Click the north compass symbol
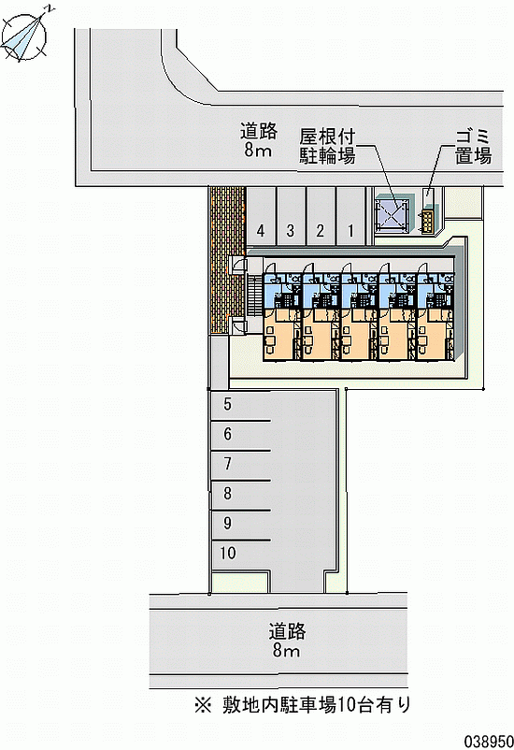tap(25, 36)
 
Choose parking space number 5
tap(240, 405)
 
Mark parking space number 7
tap(240, 465)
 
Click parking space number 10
tap(240, 554)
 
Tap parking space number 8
tap(240, 495)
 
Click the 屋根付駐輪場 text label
tap(327, 147)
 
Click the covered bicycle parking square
tap(393, 214)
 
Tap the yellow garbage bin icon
tap(428, 222)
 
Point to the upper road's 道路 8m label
tap(258, 139)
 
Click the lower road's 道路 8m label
tap(287, 640)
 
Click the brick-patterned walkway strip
tap(227, 260)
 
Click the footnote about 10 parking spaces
tap(303, 704)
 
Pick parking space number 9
tap(240, 525)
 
